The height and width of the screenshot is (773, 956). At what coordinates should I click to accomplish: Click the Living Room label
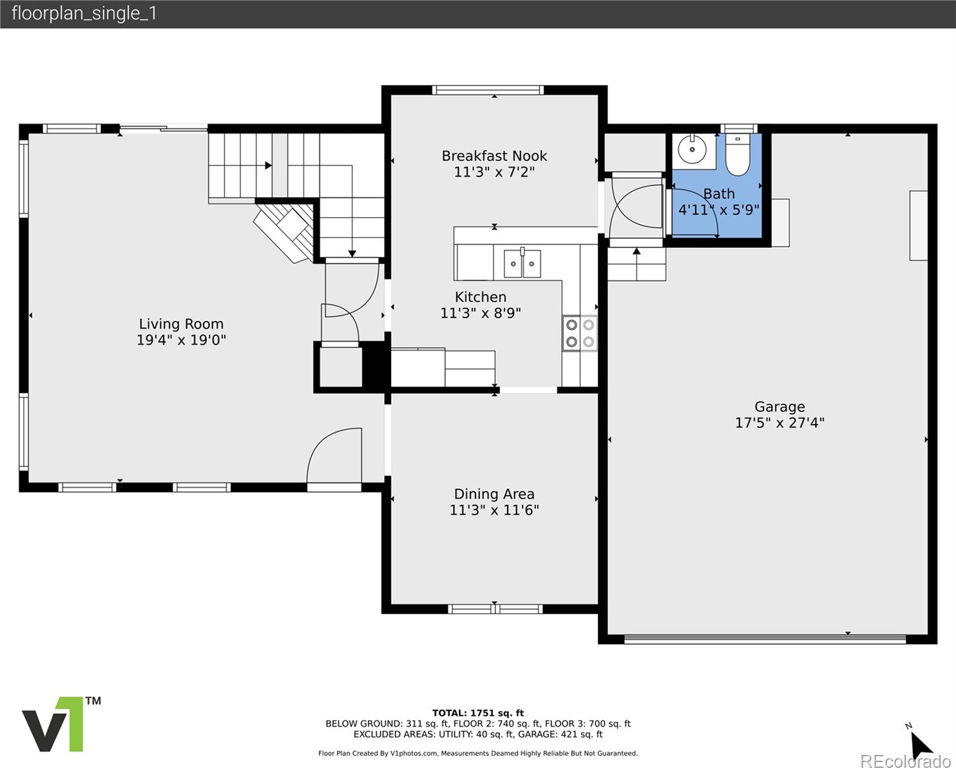pos(181,324)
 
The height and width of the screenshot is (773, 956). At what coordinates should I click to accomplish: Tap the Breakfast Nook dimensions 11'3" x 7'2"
pos(494,172)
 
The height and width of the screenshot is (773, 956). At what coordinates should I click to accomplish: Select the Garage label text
pos(779,407)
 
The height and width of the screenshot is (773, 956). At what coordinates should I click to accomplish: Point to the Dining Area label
pos(494,494)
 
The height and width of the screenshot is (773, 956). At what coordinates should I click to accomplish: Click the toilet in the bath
pos(738,155)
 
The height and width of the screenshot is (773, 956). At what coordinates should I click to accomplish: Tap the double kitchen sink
pos(522,264)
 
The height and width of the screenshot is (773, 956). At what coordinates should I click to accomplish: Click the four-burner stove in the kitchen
pos(580,333)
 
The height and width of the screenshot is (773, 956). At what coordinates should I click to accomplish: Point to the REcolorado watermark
pos(905,761)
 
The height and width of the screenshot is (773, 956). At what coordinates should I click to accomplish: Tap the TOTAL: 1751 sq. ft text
pos(477,713)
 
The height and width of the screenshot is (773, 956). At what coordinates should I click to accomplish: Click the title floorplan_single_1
pos(84,14)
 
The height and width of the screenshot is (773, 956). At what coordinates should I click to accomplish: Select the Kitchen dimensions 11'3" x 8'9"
pos(480,312)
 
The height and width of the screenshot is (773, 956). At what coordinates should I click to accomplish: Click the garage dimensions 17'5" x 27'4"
pos(779,423)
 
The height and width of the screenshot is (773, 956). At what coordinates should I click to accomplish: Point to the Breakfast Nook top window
pos(488,90)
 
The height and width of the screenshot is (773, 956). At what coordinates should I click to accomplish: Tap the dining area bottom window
pos(495,609)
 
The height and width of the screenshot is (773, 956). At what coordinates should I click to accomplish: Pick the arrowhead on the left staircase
pos(268,166)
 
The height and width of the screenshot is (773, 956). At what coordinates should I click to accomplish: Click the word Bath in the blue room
pos(718,194)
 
